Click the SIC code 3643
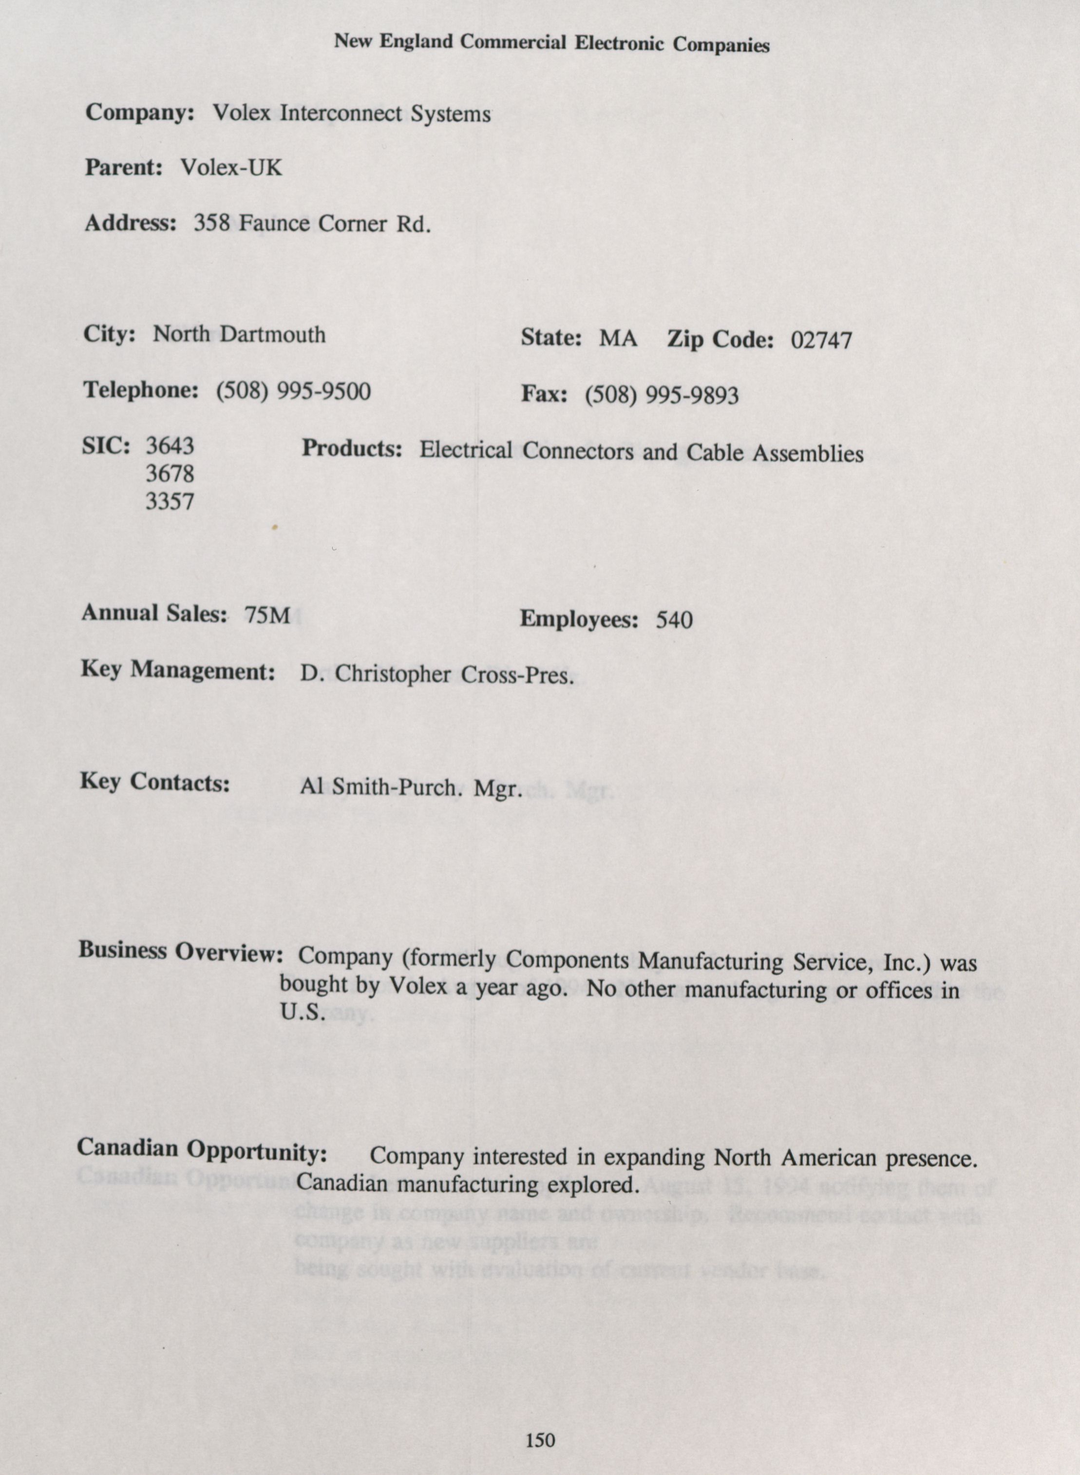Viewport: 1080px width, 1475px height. click(x=170, y=446)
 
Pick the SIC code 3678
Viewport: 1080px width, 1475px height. click(x=170, y=473)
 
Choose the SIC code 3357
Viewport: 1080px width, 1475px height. click(x=170, y=501)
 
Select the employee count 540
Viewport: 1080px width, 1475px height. click(x=674, y=620)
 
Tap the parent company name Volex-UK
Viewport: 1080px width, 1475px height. click(x=231, y=168)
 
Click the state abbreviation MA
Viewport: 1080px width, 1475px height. click(x=618, y=339)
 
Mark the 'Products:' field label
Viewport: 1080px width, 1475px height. click(x=351, y=449)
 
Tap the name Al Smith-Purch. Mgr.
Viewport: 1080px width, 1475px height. click(x=411, y=788)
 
